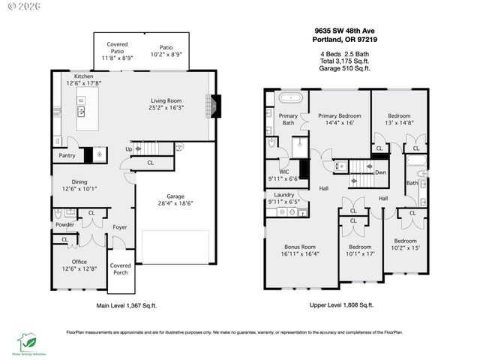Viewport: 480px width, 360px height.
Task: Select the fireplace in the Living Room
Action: pyautogui.click(x=214, y=106)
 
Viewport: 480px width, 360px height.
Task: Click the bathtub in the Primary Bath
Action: pyautogui.click(x=290, y=98)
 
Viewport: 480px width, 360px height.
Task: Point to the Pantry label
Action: pyautogui.click(x=65, y=156)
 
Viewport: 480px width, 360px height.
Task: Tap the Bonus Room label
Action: pyautogui.click(x=299, y=247)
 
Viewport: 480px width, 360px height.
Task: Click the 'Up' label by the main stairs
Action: pyautogui.click(x=128, y=149)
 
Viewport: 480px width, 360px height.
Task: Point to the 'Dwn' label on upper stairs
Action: pyautogui.click(x=380, y=172)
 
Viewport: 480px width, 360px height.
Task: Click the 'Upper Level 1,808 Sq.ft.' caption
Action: pyautogui.click(x=341, y=305)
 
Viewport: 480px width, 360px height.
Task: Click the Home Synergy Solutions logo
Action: pyautogui.click(x=28, y=344)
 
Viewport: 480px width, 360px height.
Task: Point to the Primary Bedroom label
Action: pyautogui.click(x=339, y=115)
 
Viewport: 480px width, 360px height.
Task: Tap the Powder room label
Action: pyautogui.click(x=64, y=224)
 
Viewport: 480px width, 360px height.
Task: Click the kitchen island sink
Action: pyautogui.click(x=82, y=112)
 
